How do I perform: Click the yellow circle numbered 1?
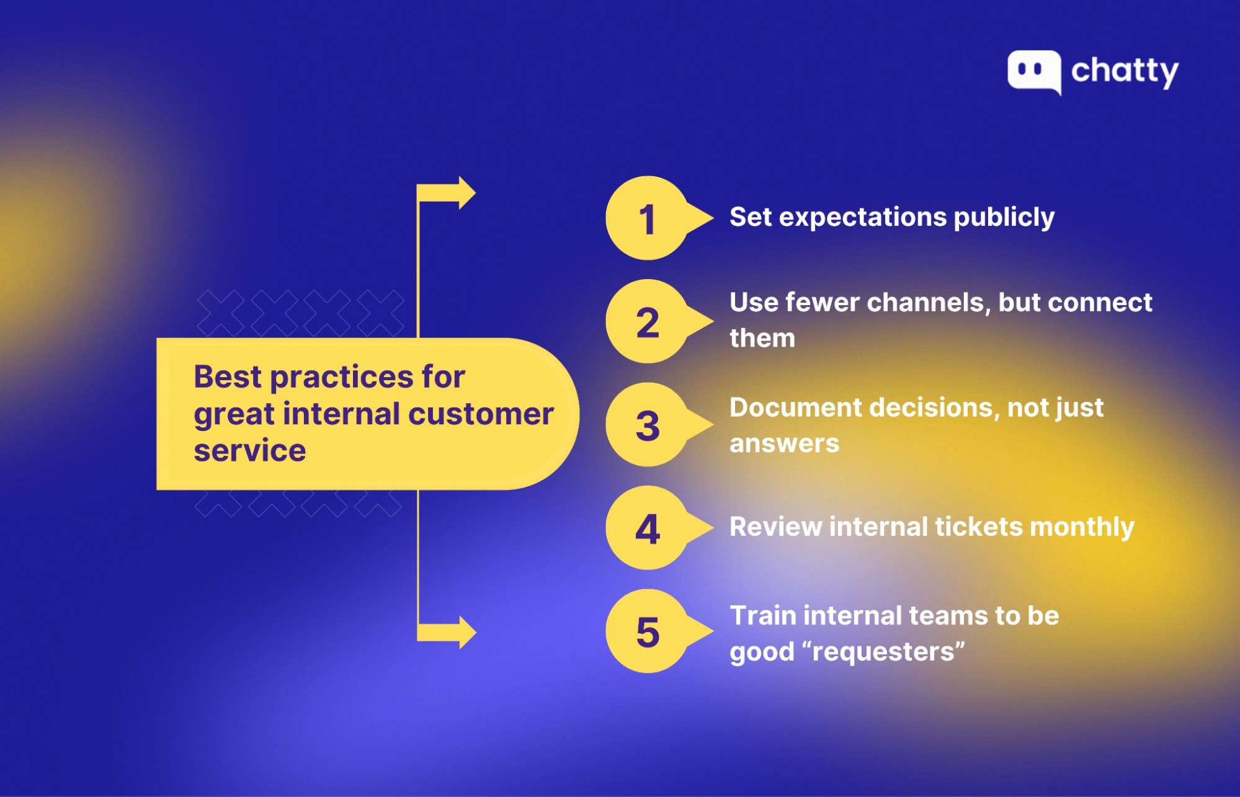point(647,218)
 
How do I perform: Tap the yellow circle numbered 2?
point(647,322)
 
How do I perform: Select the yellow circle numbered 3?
point(647,425)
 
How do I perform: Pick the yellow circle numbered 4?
point(647,528)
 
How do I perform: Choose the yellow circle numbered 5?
point(647,631)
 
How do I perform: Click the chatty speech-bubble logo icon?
point(1033,71)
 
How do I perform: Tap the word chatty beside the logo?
point(1124,71)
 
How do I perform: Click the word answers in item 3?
point(784,444)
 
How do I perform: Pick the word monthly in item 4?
point(1081,527)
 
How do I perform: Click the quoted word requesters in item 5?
point(883,652)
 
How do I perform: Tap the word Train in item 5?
point(762,616)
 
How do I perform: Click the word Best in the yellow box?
point(227,377)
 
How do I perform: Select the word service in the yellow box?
point(249,450)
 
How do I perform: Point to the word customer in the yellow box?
point(481,414)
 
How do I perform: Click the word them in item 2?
point(762,339)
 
